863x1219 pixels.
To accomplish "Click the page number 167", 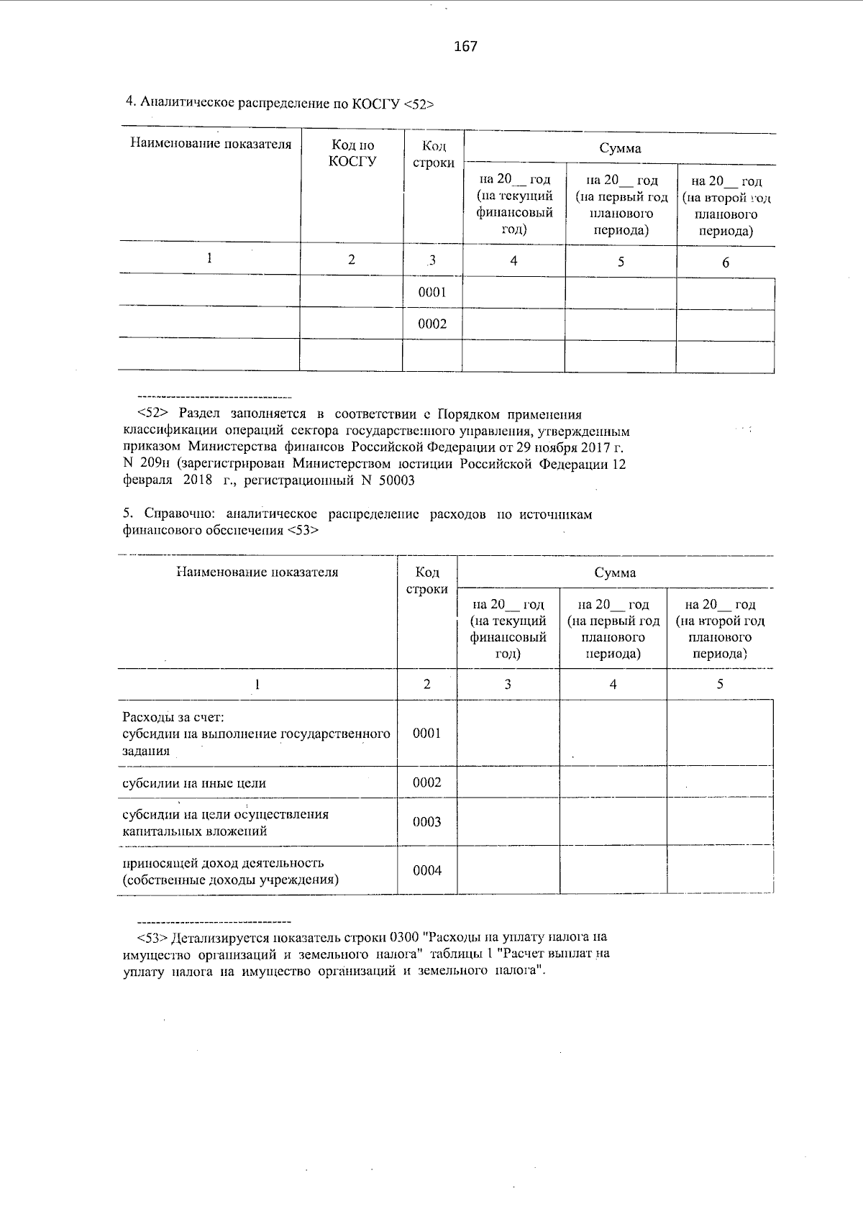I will pyautogui.click(x=465, y=47).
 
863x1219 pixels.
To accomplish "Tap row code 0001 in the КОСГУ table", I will pyautogui.click(x=432, y=293).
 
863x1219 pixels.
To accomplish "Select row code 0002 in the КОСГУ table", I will pyautogui.click(x=432, y=324).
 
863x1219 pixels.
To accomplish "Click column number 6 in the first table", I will pyautogui.click(x=726, y=262).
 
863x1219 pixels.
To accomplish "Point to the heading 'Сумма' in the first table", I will pyautogui.click(x=620, y=149).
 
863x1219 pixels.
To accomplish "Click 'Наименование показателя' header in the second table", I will pyautogui.click(x=257, y=572).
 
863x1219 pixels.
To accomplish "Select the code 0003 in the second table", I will pyautogui.click(x=426, y=822).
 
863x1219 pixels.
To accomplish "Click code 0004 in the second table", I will pyautogui.click(x=426, y=871).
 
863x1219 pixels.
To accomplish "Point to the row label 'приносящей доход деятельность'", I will pyautogui.click(x=223, y=863).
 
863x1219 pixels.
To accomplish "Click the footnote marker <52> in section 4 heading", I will pyautogui.click(x=419, y=104).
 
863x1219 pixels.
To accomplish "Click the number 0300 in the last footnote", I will pyautogui.click(x=404, y=938).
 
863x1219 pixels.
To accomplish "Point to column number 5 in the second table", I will pyautogui.click(x=720, y=685).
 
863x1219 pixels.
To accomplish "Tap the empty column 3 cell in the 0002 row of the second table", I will pyautogui.click(x=508, y=782).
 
